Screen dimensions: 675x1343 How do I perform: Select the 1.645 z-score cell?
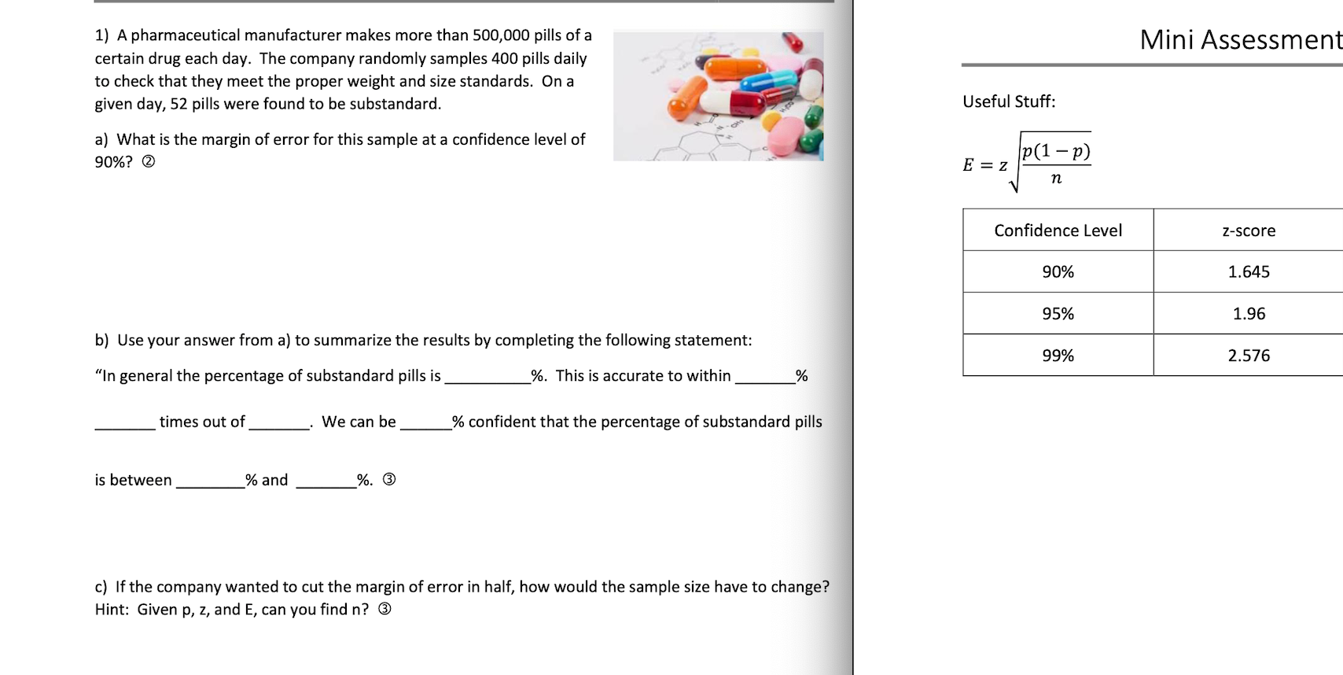(1249, 271)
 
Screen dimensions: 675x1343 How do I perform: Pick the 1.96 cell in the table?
(1249, 313)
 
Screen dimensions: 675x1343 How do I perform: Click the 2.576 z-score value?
(1249, 356)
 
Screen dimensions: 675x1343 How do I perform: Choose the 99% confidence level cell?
(1058, 356)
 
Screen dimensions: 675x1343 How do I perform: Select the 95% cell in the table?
(1058, 313)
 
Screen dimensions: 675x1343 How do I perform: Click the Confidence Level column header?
(1058, 231)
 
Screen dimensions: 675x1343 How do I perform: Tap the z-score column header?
(1249, 231)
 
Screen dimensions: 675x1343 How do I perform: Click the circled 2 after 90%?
(148, 162)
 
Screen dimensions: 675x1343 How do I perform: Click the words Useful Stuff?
(1009, 101)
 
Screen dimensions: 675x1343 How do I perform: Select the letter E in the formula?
(968, 165)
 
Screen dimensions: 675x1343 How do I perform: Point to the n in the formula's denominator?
(1056, 179)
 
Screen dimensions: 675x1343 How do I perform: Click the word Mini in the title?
(1167, 39)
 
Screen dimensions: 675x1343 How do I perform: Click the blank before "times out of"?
(125, 423)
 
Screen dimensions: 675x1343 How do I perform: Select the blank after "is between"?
(210, 481)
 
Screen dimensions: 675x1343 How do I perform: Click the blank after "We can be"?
(425, 423)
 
